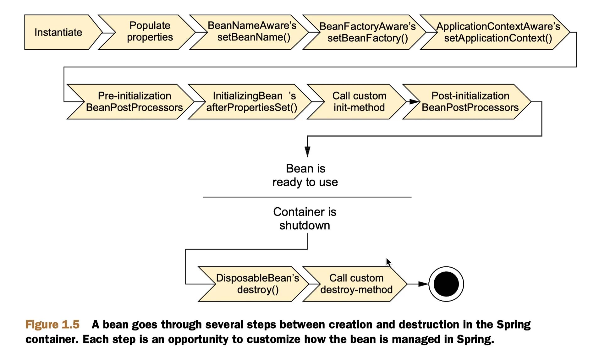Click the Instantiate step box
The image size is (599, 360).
[60, 32]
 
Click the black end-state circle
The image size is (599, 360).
[446, 284]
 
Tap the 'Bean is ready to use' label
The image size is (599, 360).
[305, 175]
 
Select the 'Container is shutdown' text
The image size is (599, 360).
[305, 219]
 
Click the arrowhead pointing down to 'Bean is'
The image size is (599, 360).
[307, 151]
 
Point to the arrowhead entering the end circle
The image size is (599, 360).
[423, 284]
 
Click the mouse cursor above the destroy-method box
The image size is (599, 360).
[389, 263]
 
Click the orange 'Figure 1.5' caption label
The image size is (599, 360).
[52, 325]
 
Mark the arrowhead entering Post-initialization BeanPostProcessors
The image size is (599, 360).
[414, 101]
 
